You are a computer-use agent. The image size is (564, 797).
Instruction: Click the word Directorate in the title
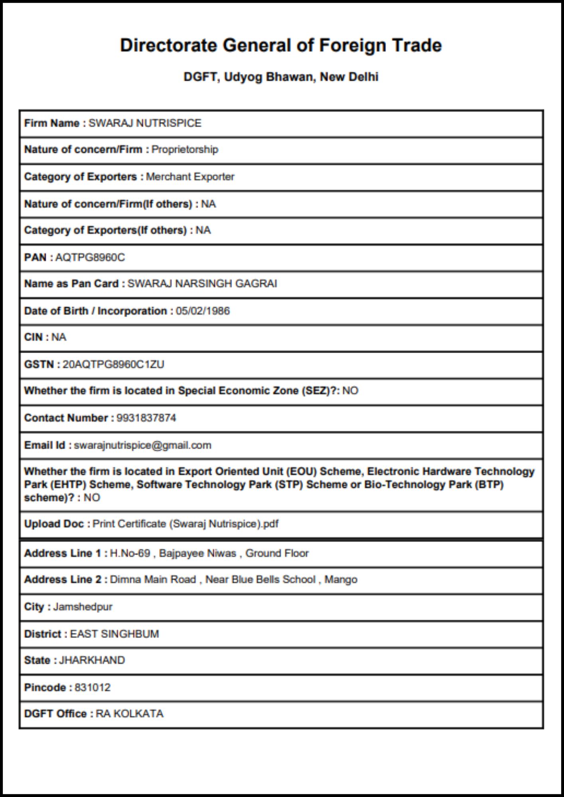168,45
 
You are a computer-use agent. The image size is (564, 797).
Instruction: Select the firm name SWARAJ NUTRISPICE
145,123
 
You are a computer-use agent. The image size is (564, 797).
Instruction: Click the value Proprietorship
185,149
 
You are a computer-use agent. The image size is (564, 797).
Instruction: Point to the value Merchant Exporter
190,177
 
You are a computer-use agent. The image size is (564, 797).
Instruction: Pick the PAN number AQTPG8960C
90,257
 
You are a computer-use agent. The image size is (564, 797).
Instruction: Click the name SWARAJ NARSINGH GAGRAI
202,284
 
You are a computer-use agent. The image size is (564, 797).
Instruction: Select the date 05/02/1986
203,311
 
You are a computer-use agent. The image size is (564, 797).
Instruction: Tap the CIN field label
34,337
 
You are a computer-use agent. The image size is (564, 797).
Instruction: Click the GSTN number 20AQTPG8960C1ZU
113,364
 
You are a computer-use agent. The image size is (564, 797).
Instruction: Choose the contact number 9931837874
146,418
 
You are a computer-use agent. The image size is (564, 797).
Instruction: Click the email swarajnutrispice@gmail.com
142,445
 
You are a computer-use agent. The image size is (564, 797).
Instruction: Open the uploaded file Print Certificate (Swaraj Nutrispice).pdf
185,524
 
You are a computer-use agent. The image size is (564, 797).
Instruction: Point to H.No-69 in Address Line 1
130,553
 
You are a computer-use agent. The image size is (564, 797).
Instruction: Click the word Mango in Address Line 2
341,579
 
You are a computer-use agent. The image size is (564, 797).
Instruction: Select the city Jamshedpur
83,607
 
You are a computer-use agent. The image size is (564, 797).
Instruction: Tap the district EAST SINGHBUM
114,634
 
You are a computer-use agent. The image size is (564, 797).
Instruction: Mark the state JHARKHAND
92,660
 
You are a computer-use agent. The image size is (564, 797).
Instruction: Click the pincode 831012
93,687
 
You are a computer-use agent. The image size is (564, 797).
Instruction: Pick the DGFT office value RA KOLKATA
129,714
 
